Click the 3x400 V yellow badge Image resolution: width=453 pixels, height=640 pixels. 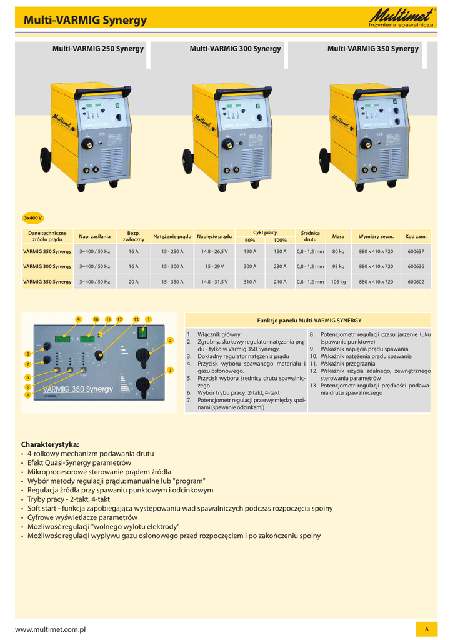click(x=32, y=217)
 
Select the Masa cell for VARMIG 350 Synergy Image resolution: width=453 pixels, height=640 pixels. click(x=338, y=282)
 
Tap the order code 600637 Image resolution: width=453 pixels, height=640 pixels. click(x=416, y=251)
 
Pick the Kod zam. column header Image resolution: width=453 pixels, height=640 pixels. click(x=416, y=236)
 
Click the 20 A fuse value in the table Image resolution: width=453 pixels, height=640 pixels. click(x=133, y=282)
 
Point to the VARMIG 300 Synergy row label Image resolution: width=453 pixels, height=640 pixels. click(x=47, y=267)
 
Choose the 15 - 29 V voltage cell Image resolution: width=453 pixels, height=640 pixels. click(x=214, y=267)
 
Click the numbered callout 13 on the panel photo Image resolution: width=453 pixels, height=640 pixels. click(x=136, y=319)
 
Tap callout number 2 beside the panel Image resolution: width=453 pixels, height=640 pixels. click(x=169, y=341)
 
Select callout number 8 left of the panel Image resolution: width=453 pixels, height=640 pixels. click(x=27, y=354)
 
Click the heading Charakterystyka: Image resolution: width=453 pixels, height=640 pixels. click(x=51, y=444)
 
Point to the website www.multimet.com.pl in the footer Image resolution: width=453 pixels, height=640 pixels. click(x=50, y=629)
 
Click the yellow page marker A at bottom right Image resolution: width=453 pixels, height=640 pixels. click(x=426, y=629)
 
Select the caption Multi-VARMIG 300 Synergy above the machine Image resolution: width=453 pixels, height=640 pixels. click(x=235, y=49)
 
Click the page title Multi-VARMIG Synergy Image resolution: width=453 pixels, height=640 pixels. click(x=85, y=21)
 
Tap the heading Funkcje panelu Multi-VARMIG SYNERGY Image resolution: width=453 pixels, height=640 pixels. click(x=309, y=320)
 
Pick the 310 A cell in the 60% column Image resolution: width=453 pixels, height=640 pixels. click(x=249, y=282)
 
